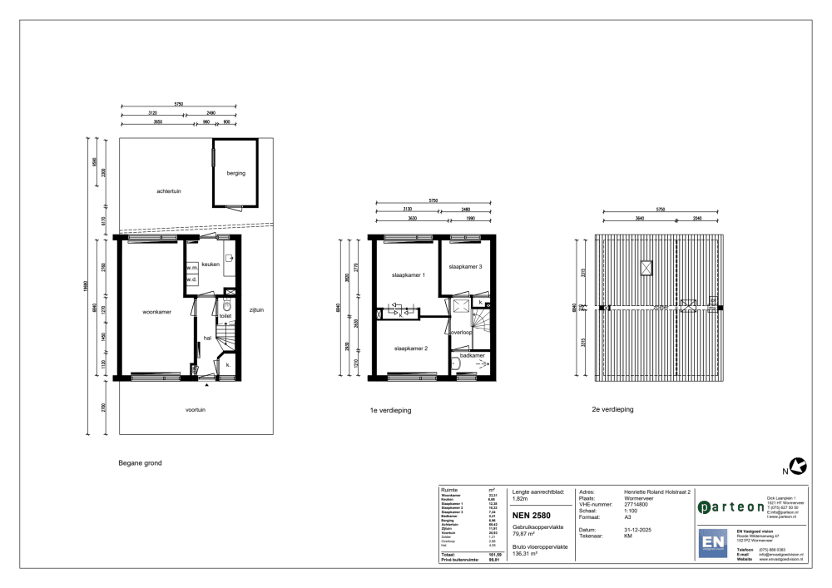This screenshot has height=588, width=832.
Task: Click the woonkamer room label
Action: pos(156,313)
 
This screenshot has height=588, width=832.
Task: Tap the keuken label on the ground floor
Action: pos(210,264)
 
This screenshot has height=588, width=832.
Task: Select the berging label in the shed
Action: pos(235,173)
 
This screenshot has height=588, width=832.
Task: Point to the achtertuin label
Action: pos(169,190)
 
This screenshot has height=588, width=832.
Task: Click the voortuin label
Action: pos(196,410)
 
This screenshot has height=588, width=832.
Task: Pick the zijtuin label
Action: pos(255,310)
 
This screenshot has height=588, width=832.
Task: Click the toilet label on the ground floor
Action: pos(225,316)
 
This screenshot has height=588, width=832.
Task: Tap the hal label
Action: pos(207,338)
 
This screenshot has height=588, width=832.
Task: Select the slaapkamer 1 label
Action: pos(409,275)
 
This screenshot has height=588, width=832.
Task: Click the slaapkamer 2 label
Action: pos(411,348)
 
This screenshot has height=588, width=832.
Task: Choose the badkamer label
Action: pos(473,355)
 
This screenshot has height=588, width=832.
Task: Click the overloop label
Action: pos(462,332)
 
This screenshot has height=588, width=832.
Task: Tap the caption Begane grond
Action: pos(140,462)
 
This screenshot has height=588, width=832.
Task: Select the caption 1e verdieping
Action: pos(391,411)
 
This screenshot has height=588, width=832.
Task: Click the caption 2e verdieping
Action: pos(613,410)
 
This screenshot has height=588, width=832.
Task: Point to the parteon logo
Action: pos(730,506)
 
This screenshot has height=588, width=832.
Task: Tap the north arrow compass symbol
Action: pos(799,466)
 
